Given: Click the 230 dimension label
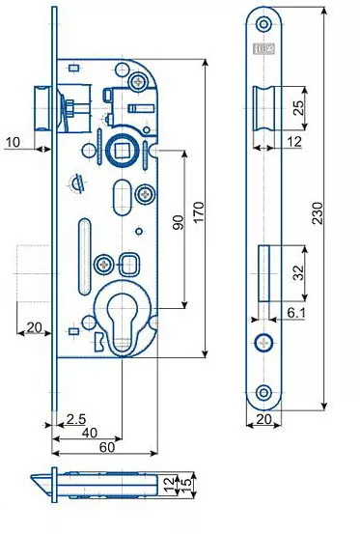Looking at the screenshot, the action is pyautogui.click(x=318, y=213).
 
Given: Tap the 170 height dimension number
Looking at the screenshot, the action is pyautogui.click(x=199, y=212).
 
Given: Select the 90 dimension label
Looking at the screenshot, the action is pyautogui.click(x=178, y=222).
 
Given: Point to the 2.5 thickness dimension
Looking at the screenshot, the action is pyautogui.click(x=76, y=419).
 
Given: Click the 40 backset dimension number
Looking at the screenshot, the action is pyautogui.click(x=90, y=433).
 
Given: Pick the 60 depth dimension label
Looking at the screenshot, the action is pyautogui.click(x=107, y=447).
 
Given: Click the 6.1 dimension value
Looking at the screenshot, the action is pyautogui.click(x=296, y=312).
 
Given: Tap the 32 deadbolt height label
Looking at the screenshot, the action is pyautogui.click(x=298, y=272).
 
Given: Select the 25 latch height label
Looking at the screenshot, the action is pyautogui.click(x=298, y=108).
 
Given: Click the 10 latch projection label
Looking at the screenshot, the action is pyautogui.click(x=13, y=142).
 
